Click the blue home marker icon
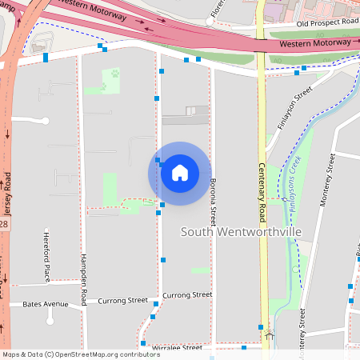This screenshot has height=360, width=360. pos(179,172)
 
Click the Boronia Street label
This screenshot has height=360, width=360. pos(213,201)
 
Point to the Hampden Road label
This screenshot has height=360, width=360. pos(82,279)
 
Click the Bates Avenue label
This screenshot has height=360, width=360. pos(46,304)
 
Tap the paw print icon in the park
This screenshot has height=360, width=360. pos(114,74)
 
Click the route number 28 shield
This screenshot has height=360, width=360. pos(4,225)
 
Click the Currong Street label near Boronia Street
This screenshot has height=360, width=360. pos(187,295)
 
